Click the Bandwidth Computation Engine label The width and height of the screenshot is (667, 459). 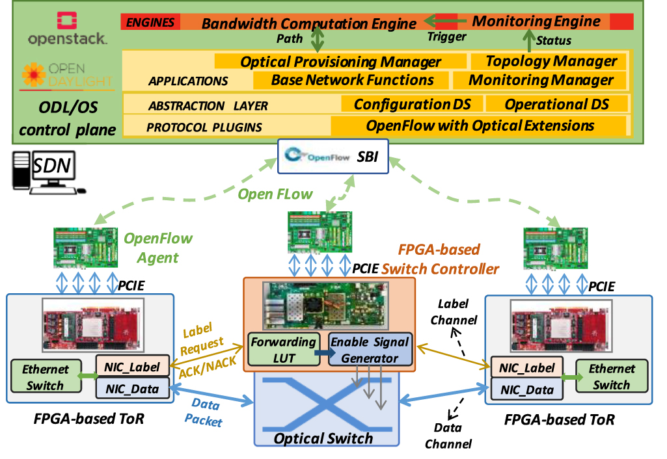point(308,24)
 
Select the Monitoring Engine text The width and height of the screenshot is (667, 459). point(536,21)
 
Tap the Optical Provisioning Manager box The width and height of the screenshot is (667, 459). point(340,62)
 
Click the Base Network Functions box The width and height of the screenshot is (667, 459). point(352,80)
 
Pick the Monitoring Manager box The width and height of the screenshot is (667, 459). point(541,81)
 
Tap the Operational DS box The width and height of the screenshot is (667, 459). point(556,105)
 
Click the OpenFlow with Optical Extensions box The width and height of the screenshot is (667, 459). point(480,125)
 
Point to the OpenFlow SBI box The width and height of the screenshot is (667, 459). point(333,157)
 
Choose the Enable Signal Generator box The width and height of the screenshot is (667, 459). point(369,349)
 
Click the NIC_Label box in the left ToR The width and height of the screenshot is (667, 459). point(132,367)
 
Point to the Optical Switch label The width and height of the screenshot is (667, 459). point(323,438)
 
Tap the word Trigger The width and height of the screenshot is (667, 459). point(446,37)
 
